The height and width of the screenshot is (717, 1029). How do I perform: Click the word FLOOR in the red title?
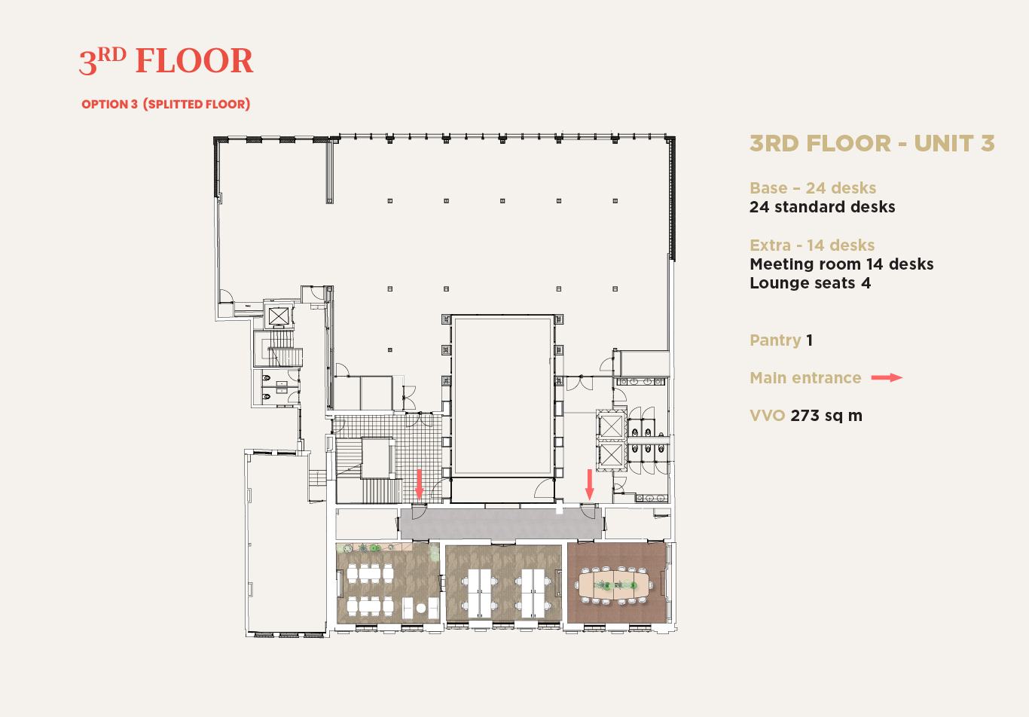pyautogui.click(x=194, y=61)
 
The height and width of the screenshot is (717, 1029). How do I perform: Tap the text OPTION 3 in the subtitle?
pyautogui.click(x=109, y=104)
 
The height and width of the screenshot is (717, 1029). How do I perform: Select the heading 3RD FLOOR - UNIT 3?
pyautogui.click(x=872, y=143)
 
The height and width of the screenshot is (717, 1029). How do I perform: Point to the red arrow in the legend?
pyautogui.click(x=887, y=377)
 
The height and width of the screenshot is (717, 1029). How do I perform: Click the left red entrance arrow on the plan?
pyautogui.click(x=419, y=484)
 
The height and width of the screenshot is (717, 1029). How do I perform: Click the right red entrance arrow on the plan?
pyautogui.click(x=589, y=484)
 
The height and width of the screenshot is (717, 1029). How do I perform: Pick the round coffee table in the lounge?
pyautogui.click(x=421, y=608)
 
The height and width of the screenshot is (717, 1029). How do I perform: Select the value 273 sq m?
pyautogui.click(x=826, y=416)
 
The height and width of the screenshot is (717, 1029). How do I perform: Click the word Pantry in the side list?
pyautogui.click(x=775, y=340)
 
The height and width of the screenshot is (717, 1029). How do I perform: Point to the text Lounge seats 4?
pyautogui.click(x=810, y=283)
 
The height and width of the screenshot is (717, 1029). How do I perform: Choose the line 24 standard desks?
pyautogui.click(x=823, y=206)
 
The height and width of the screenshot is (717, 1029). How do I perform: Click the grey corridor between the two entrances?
pyautogui.click(x=501, y=523)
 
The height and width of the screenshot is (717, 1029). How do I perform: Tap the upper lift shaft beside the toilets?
pyautogui.click(x=612, y=426)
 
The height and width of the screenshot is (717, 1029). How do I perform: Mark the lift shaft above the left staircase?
pyautogui.click(x=279, y=316)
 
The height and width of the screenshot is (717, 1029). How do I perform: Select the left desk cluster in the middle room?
pyautogui.click(x=480, y=593)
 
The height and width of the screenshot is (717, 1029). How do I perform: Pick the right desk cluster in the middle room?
pyautogui.click(x=533, y=593)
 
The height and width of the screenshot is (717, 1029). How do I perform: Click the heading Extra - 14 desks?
pyautogui.click(x=812, y=246)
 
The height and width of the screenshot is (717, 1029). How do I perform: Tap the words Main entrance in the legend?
pyautogui.click(x=805, y=377)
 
